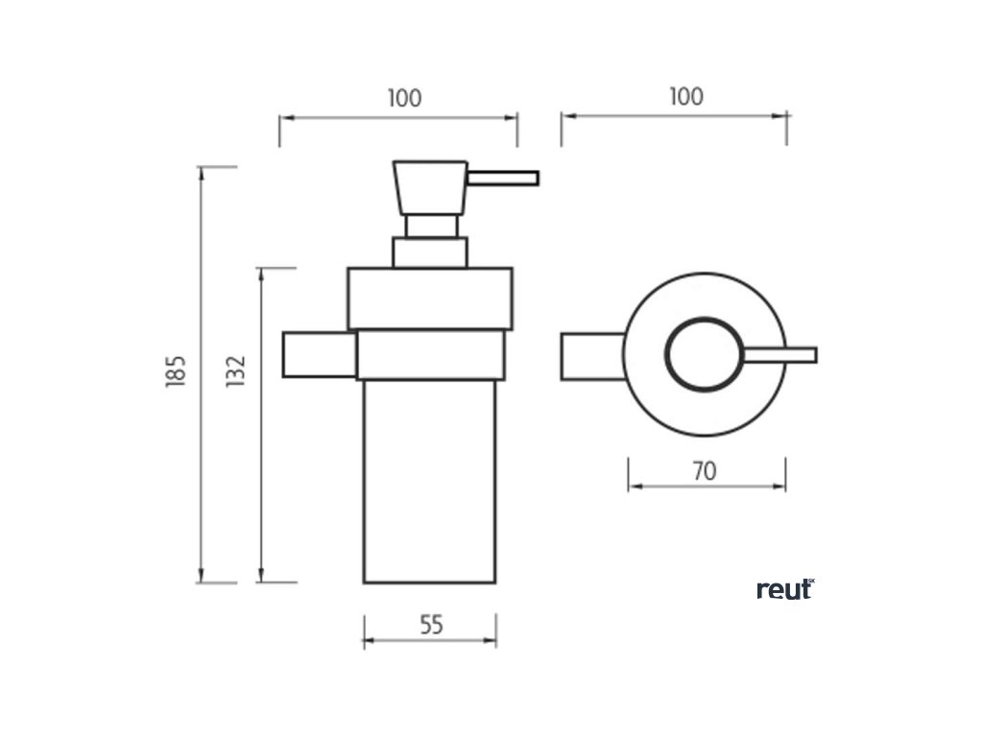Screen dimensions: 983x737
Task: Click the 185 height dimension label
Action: coord(174,372)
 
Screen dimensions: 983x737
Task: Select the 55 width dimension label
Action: coord(431,625)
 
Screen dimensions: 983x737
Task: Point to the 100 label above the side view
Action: coord(404,98)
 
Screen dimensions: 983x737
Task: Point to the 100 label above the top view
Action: coord(685,97)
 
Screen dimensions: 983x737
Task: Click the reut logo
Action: coord(785,589)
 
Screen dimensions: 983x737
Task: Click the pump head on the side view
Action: coord(430,187)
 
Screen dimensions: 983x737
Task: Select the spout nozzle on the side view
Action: coord(502,178)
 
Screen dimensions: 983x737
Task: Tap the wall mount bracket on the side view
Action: coord(319,354)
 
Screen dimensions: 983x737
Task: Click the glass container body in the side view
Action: coord(429,480)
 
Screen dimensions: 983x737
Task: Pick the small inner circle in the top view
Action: coord(703,352)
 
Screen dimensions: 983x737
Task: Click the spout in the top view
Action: coord(779,355)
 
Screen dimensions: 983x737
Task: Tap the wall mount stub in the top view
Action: coord(591,355)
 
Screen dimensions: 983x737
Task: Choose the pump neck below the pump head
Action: coord(430,226)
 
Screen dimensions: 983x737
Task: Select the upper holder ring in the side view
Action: coord(429,298)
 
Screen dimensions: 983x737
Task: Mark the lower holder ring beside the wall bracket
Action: coord(430,354)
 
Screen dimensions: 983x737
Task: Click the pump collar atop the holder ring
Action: coord(429,252)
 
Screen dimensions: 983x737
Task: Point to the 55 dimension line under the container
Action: coord(430,644)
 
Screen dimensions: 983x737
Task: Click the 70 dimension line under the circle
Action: coord(707,487)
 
